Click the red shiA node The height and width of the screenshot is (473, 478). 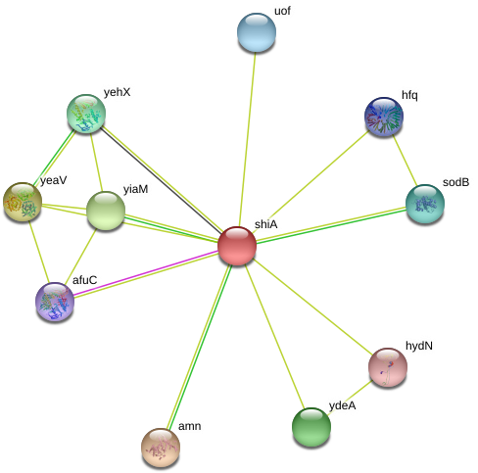click(x=237, y=246)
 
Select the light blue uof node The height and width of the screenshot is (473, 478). click(x=257, y=32)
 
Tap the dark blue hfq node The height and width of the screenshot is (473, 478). click(x=384, y=117)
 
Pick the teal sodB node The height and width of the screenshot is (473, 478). click(x=425, y=204)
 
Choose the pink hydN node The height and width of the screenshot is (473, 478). click(x=388, y=367)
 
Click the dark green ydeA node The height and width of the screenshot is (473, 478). click(x=311, y=427)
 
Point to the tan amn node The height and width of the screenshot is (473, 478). click(x=161, y=448)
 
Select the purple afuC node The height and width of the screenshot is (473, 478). click(x=55, y=302)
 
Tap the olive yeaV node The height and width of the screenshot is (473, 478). click(x=23, y=202)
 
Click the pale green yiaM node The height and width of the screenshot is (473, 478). click(x=106, y=211)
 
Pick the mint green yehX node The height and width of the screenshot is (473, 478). click(x=86, y=114)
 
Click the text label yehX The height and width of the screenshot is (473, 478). click(x=118, y=92)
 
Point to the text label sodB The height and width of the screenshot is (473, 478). click(x=455, y=182)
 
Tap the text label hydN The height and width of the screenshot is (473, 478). click(x=419, y=346)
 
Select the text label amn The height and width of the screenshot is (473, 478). click(x=189, y=426)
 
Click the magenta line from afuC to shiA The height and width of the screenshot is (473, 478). click(x=146, y=273)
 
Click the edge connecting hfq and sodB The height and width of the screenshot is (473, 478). click(x=405, y=161)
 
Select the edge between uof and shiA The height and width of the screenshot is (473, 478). click(x=248, y=139)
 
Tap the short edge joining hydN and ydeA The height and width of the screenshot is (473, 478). click(x=350, y=398)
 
